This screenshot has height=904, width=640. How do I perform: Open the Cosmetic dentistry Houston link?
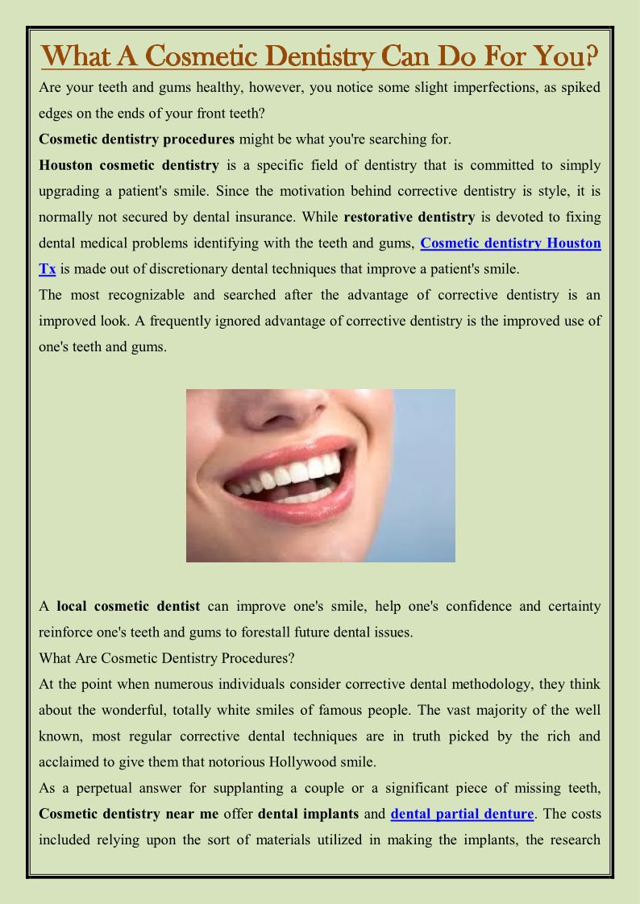tap(510, 243)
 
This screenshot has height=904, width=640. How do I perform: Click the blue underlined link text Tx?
tap(47, 268)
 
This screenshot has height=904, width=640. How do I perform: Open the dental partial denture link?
tap(462, 814)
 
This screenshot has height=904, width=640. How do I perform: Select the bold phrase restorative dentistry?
tap(409, 217)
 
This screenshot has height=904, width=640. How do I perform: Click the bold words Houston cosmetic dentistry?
tap(129, 165)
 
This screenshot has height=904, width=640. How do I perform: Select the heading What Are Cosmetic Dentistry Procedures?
tap(167, 658)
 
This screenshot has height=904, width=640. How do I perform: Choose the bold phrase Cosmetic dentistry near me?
tap(129, 814)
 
